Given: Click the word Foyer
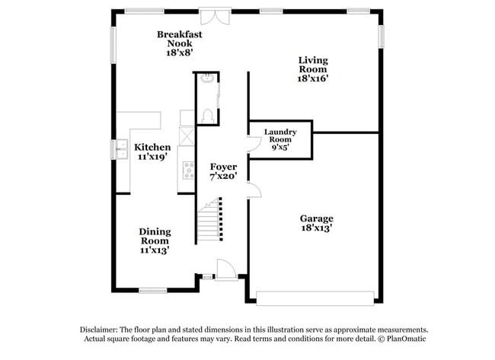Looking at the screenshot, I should [224, 166].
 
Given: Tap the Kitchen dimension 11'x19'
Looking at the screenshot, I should [152, 156].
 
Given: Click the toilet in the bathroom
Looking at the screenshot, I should [207, 116].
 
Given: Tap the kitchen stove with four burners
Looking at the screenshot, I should [187, 170].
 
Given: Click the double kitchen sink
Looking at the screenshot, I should [122, 150].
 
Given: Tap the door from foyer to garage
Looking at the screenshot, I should [254, 190].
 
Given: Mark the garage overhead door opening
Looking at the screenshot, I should [315, 297].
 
